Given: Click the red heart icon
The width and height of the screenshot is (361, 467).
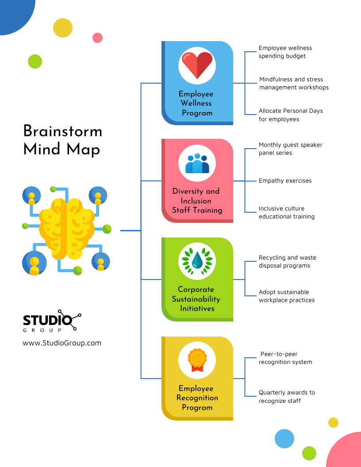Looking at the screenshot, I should [197, 65].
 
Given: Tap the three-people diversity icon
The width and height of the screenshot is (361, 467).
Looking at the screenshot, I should [197, 163].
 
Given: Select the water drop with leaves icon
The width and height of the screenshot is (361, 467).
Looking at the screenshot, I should [197, 261].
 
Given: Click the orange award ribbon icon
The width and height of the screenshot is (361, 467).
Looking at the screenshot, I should [197, 360].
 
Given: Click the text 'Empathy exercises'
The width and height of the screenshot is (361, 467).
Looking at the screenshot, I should [285, 181].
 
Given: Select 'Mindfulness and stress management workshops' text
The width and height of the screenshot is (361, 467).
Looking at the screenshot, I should [293, 84].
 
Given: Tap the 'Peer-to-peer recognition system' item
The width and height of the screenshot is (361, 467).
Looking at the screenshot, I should [286, 358].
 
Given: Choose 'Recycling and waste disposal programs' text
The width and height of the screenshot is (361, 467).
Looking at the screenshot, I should [287, 262].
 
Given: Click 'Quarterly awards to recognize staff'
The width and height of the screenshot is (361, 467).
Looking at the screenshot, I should [287, 397].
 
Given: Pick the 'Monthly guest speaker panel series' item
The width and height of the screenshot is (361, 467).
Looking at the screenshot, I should [290, 149].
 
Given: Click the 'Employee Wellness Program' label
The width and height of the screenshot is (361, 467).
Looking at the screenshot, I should [196, 103].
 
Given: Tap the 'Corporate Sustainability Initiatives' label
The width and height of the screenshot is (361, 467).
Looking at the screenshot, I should [196, 299].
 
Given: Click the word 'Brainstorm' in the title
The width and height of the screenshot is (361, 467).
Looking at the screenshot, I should [62, 131].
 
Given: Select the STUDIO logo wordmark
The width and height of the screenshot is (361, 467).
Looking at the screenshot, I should [47, 320].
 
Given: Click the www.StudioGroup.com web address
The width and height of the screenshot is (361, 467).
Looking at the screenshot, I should [62, 343].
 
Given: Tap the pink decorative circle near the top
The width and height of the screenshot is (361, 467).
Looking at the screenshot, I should [97, 38].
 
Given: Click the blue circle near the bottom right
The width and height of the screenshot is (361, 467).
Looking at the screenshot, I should [284, 439].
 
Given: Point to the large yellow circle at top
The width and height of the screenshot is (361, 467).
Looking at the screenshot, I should [62, 28].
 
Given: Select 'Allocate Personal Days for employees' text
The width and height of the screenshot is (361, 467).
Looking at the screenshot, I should [291, 115].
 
